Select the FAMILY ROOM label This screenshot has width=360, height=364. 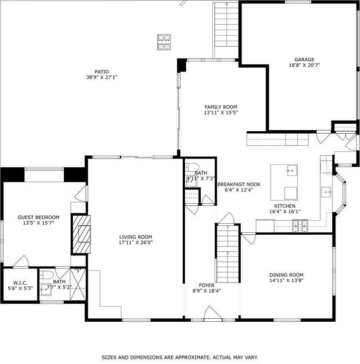pos(220,107)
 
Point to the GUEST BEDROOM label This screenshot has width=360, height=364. pos(39,217)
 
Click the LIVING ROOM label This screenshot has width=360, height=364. pos(136,237)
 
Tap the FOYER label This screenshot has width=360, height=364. pos(207,285)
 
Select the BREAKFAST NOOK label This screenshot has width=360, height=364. pos(238,184)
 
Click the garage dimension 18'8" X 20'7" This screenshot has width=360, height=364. pos(304,65)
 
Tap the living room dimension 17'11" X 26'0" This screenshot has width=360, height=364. pos(136,243)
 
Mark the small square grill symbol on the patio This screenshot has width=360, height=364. pos(164,42)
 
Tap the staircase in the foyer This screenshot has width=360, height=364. pos(227,253)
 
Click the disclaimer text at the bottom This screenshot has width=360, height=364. pos(180,357)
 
